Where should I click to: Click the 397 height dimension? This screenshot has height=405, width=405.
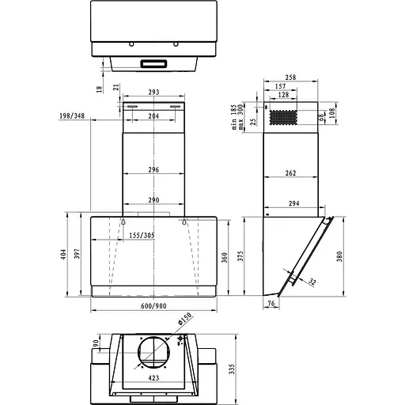[78, 254]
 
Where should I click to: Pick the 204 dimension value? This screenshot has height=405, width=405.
[154, 116]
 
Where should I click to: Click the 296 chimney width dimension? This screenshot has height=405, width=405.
[154, 170]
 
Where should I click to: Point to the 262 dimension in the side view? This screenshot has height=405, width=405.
[292, 172]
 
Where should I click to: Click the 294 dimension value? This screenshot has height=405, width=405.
[293, 203]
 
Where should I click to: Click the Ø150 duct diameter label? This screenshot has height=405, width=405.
[184, 323]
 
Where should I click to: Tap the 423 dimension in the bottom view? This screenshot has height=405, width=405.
[154, 378]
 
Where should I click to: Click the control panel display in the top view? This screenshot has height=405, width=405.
[154, 63]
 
